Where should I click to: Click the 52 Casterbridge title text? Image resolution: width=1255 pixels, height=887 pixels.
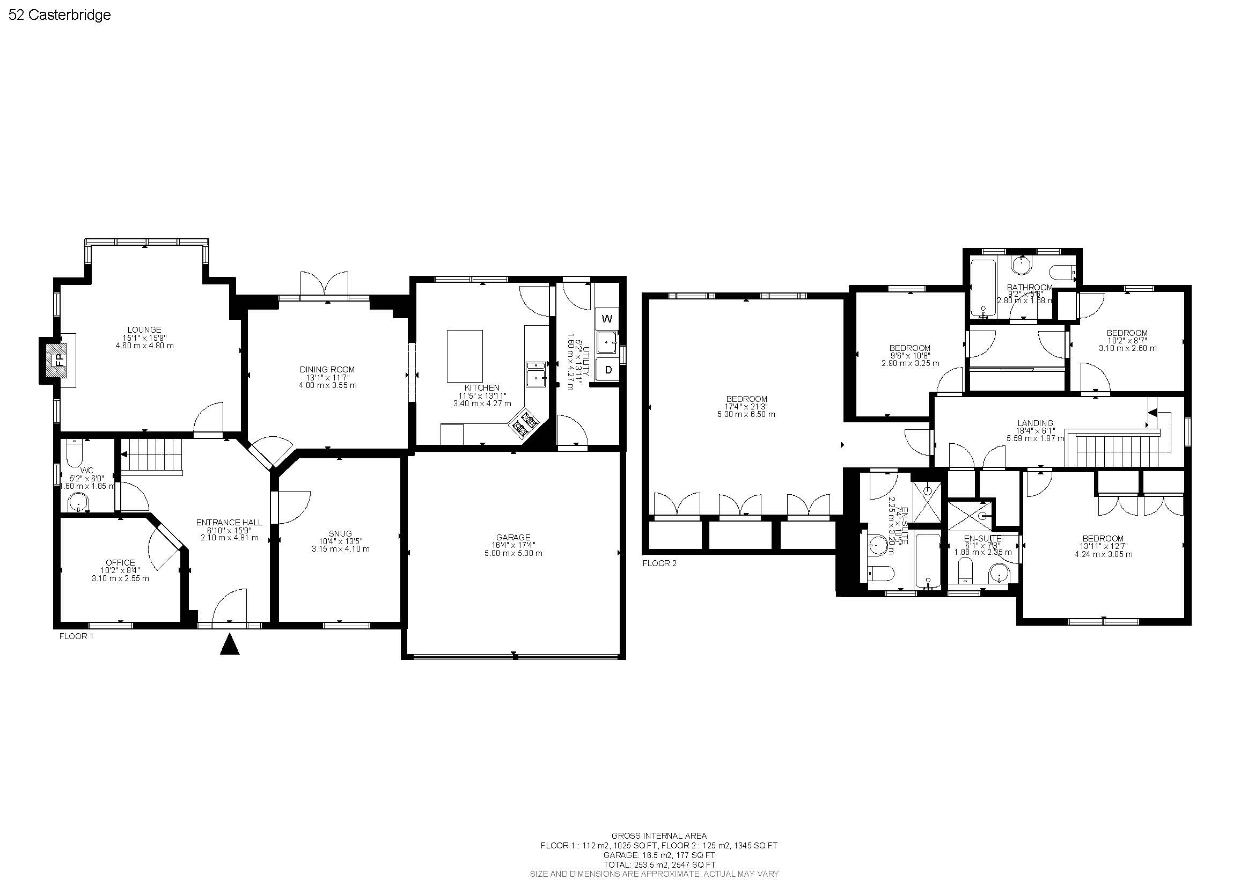(60, 16)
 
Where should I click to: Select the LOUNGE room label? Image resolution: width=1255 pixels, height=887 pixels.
(144, 329)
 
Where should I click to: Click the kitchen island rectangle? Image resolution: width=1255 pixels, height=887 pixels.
(465, 356)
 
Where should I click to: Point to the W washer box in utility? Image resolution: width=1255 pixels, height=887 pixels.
(607, 319)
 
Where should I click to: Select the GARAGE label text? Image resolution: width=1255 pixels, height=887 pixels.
(513, 537)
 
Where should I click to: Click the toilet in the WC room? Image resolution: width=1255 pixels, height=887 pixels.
(74, 454)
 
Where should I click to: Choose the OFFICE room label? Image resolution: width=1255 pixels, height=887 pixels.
(120, 562)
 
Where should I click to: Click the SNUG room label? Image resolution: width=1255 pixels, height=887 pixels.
(340, 533)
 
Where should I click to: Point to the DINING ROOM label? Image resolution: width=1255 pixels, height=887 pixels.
(327, 369)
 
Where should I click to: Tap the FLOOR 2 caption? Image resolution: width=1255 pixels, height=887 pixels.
(659, 563)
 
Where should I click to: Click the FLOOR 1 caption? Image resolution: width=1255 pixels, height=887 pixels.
(77, 636)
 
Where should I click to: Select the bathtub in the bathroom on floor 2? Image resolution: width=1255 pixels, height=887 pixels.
(984, 289)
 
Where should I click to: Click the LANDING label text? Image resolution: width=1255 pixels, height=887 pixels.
(1035, 422)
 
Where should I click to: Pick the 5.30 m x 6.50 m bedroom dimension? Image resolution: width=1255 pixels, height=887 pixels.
(746, 414)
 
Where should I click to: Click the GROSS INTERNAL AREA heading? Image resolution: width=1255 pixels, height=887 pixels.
(659, 835)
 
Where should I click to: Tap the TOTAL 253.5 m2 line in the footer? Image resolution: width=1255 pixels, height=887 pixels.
(659, 865)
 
